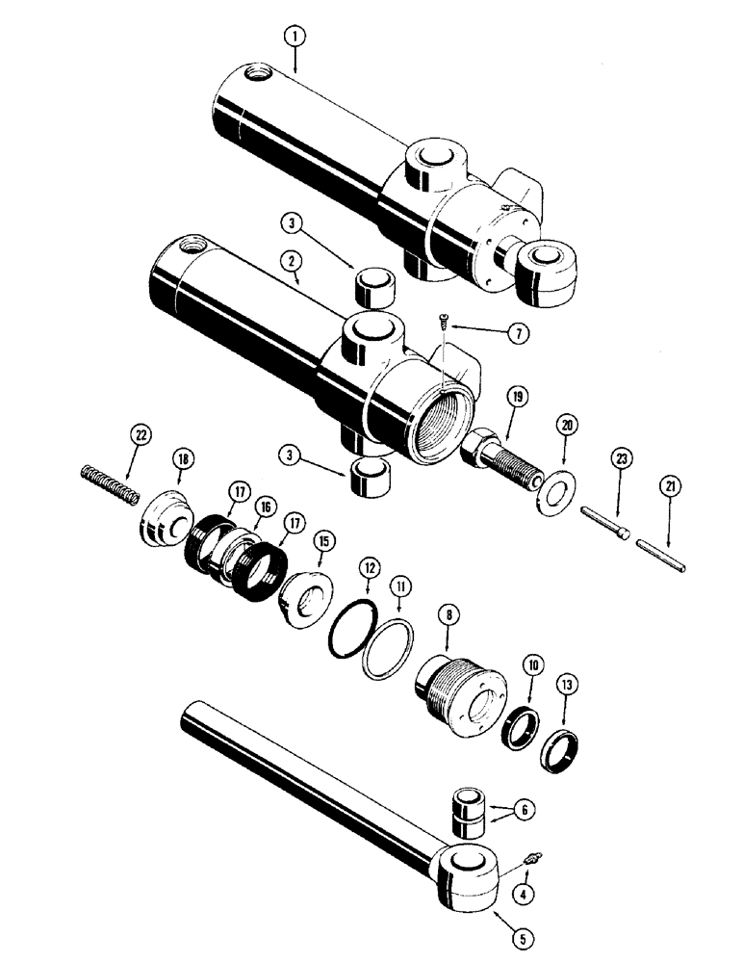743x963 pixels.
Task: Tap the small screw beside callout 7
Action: pos(443,321)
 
